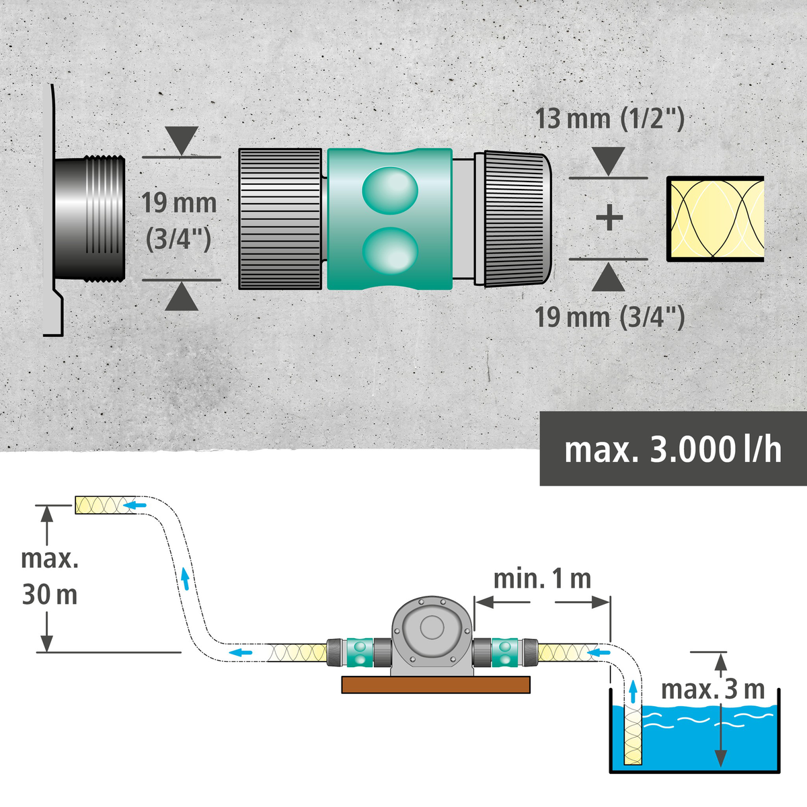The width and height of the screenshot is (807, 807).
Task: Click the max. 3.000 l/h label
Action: [x=672, y=449]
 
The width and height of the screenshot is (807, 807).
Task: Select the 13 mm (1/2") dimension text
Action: [x=609, y=119]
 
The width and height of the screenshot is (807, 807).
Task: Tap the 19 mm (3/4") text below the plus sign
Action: [x=609, y=317]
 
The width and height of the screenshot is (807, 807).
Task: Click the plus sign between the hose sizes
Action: [x=609, y=218]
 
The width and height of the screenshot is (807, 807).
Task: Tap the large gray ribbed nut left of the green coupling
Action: [x=280, y=219]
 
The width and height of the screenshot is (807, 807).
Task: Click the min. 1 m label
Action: [x=542, y=578]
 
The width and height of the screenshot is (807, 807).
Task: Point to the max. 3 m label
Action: [x=713, y=689]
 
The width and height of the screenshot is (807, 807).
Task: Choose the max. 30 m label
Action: [x=50, y=577]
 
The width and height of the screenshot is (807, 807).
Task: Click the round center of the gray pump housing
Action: [x=430, y=628]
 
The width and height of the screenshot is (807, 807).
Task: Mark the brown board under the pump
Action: [x=435, y=685]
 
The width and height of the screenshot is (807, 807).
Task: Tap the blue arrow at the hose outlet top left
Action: [x=137, y=505]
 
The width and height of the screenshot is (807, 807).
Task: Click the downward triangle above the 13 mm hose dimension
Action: [x=609, y=162]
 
